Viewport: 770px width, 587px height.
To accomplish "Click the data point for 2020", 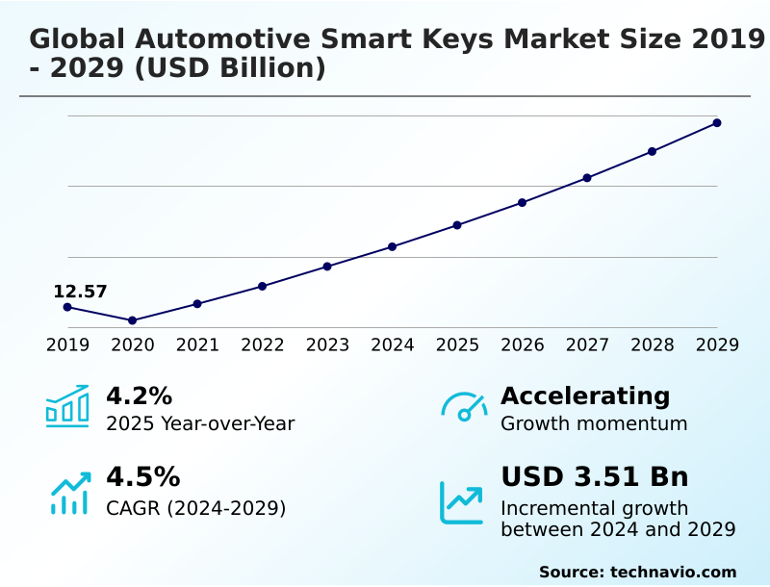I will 133,320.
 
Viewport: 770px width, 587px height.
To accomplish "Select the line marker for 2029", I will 717,123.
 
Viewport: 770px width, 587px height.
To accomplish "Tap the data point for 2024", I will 393,247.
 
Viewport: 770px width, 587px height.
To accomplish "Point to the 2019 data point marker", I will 67,307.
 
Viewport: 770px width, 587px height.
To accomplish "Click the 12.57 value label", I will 80,292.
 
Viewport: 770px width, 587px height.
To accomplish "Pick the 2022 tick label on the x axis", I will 263,345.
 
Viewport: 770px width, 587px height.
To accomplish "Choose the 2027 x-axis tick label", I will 587,345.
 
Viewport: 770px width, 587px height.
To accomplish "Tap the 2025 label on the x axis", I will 457,345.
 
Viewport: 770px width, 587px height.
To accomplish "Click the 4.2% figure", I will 139,396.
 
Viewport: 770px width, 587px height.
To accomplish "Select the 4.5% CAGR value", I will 142,477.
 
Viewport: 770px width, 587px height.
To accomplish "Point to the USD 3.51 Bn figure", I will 595,477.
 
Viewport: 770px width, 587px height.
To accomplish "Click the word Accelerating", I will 585,396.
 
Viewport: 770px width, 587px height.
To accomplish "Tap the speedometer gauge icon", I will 464,407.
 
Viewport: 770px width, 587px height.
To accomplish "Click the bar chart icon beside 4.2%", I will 67,407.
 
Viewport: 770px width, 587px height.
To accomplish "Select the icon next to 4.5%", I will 69,493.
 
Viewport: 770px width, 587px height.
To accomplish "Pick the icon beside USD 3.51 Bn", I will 462,502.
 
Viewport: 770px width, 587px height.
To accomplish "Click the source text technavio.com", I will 673,572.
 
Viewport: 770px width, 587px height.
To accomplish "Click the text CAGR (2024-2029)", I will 196,508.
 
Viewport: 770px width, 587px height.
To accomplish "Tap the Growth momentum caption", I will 594,423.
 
